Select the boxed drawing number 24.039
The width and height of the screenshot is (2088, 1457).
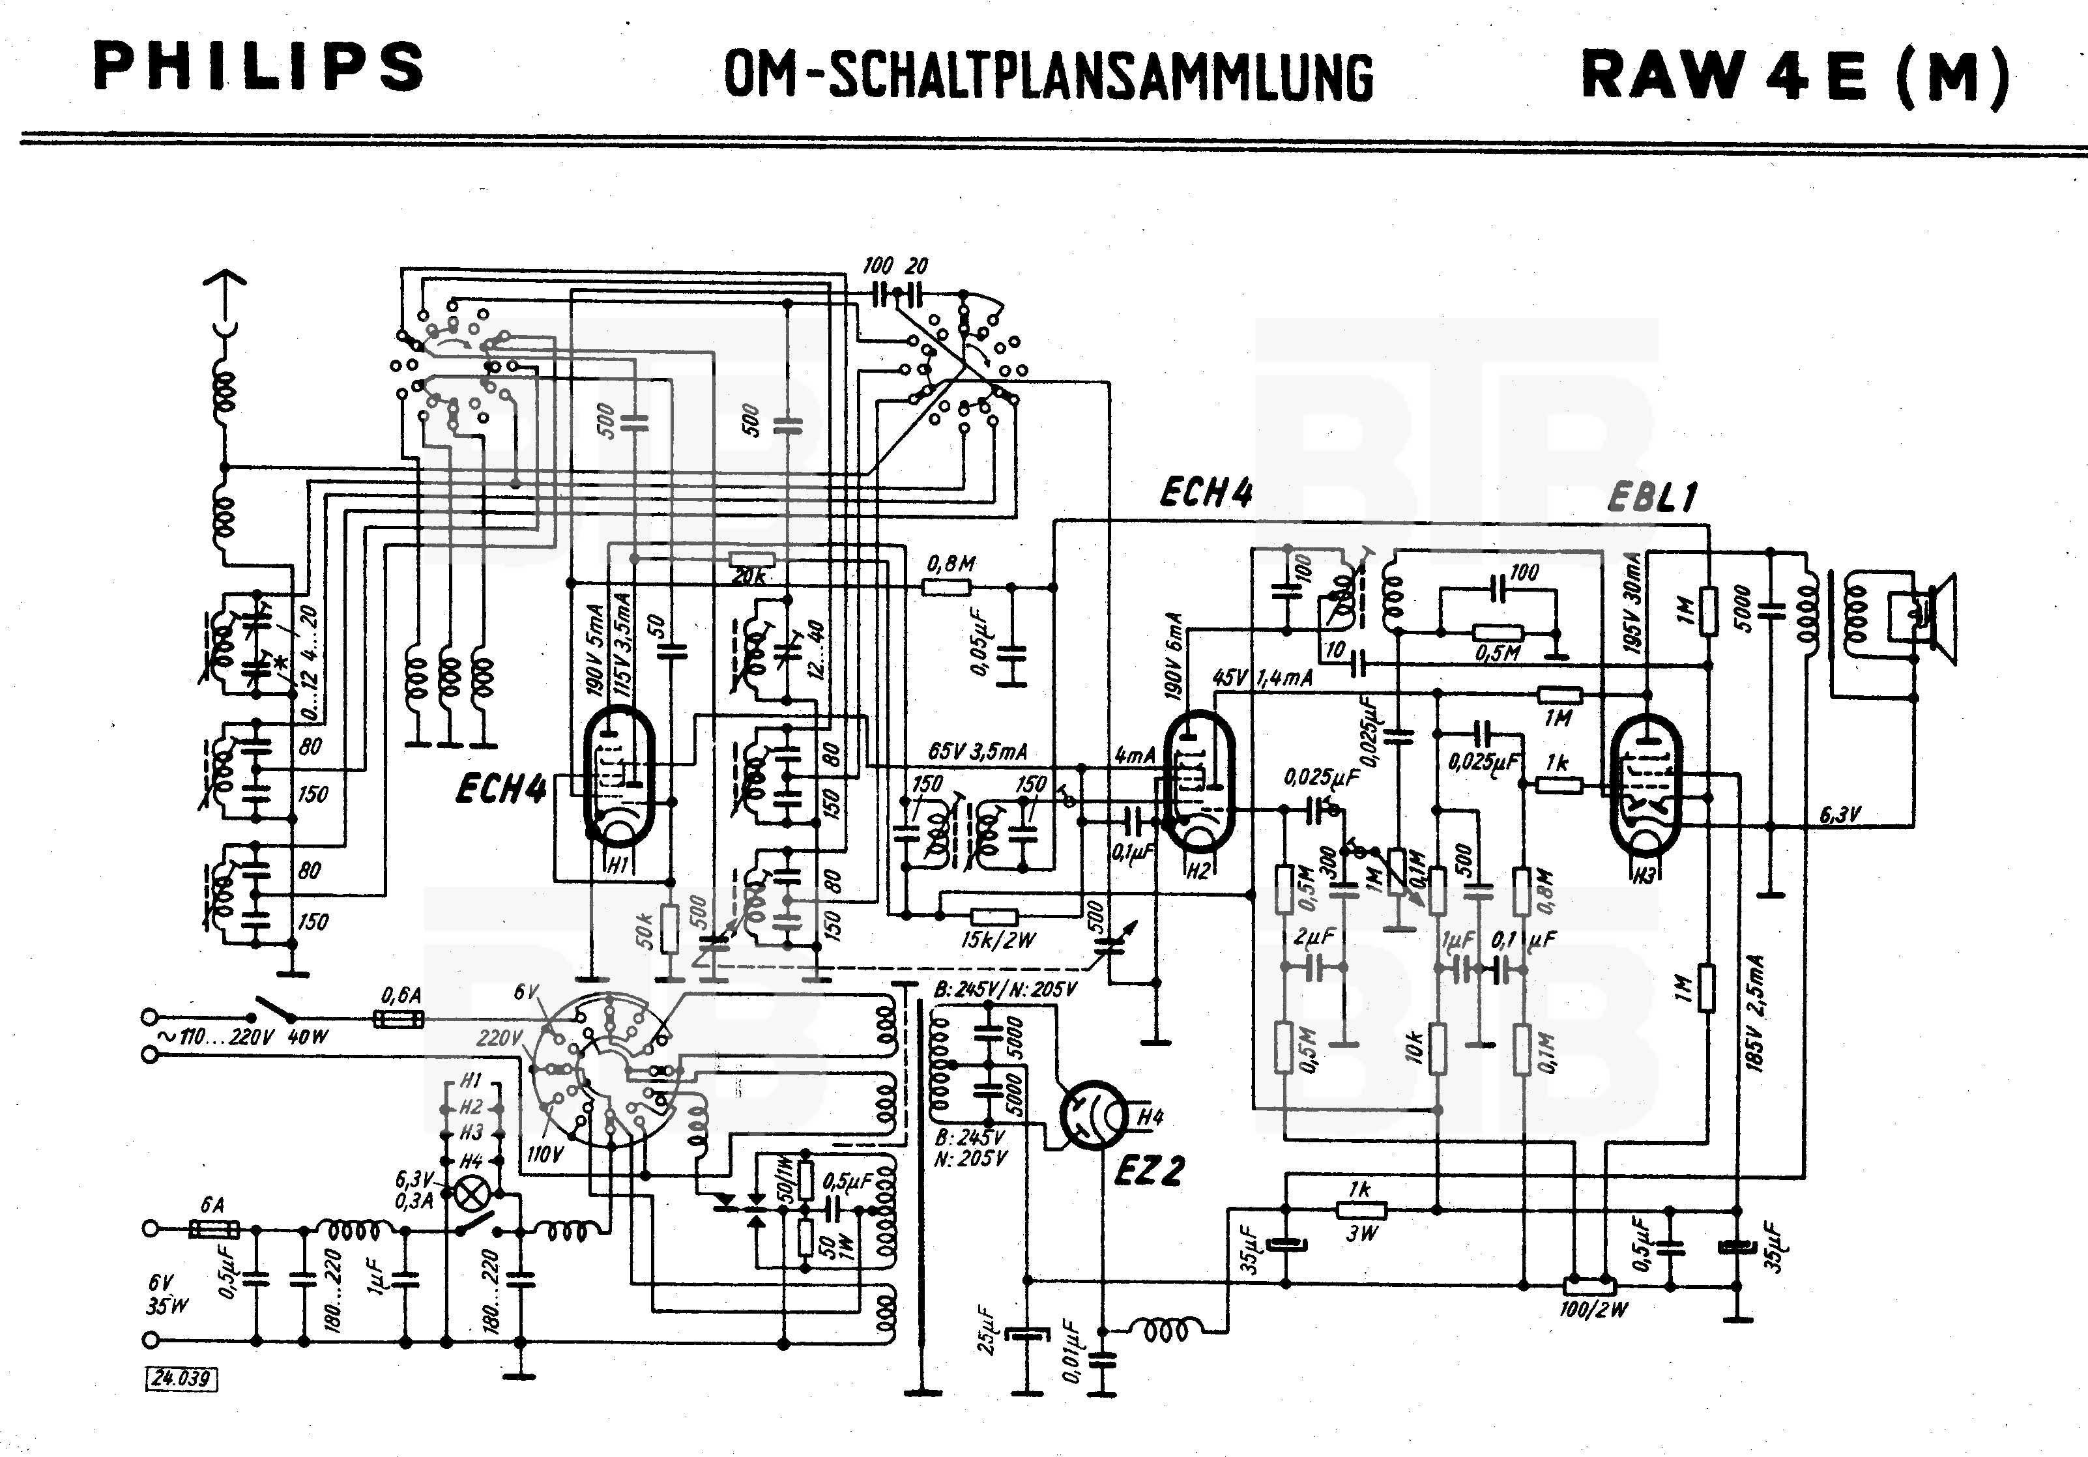click(182, 1378)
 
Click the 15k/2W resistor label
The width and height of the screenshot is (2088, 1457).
click(998, 940)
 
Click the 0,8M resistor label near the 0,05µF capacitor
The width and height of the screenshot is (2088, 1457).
click(951, 564)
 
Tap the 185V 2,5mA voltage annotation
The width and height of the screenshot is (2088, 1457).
click(1754, 1012)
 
